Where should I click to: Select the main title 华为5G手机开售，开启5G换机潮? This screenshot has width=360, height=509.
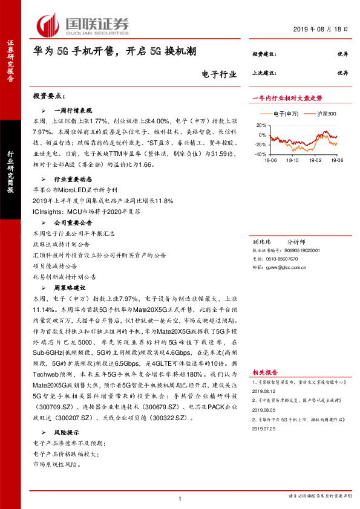pos(114,53)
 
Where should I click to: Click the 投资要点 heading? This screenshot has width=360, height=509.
pos(48,97)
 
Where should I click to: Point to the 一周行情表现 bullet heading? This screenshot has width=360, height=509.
pos(73,111)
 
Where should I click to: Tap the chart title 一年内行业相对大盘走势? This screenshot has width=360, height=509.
pos(287,97)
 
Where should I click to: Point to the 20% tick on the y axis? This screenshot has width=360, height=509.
pos(261,126)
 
